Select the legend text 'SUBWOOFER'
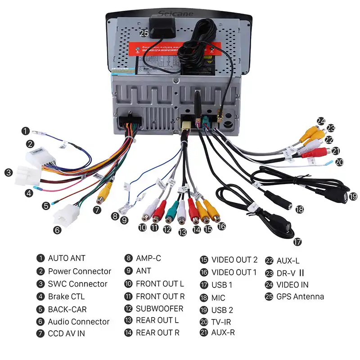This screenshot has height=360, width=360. pos(160,309)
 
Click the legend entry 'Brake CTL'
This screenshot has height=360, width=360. pos(66,297)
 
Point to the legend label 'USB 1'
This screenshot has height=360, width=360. pos(222,285)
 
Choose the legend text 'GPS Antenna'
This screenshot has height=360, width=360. pos(300,297)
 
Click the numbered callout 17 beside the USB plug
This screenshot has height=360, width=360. pos(297,242)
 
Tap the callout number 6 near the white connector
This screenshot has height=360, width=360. pos(57,230)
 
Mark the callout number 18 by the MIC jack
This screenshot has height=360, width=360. pos(300,209)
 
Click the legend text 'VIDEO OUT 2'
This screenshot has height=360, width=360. pos(234,260)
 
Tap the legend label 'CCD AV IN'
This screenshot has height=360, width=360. pos(67,333)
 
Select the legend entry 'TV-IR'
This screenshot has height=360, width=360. pos(221,322)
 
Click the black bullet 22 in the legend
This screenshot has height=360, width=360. pos(269,261)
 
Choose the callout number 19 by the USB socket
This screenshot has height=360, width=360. pos(353,196)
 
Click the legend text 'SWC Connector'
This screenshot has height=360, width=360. pos(78,284)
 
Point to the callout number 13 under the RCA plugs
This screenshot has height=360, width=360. pos(182,233)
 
